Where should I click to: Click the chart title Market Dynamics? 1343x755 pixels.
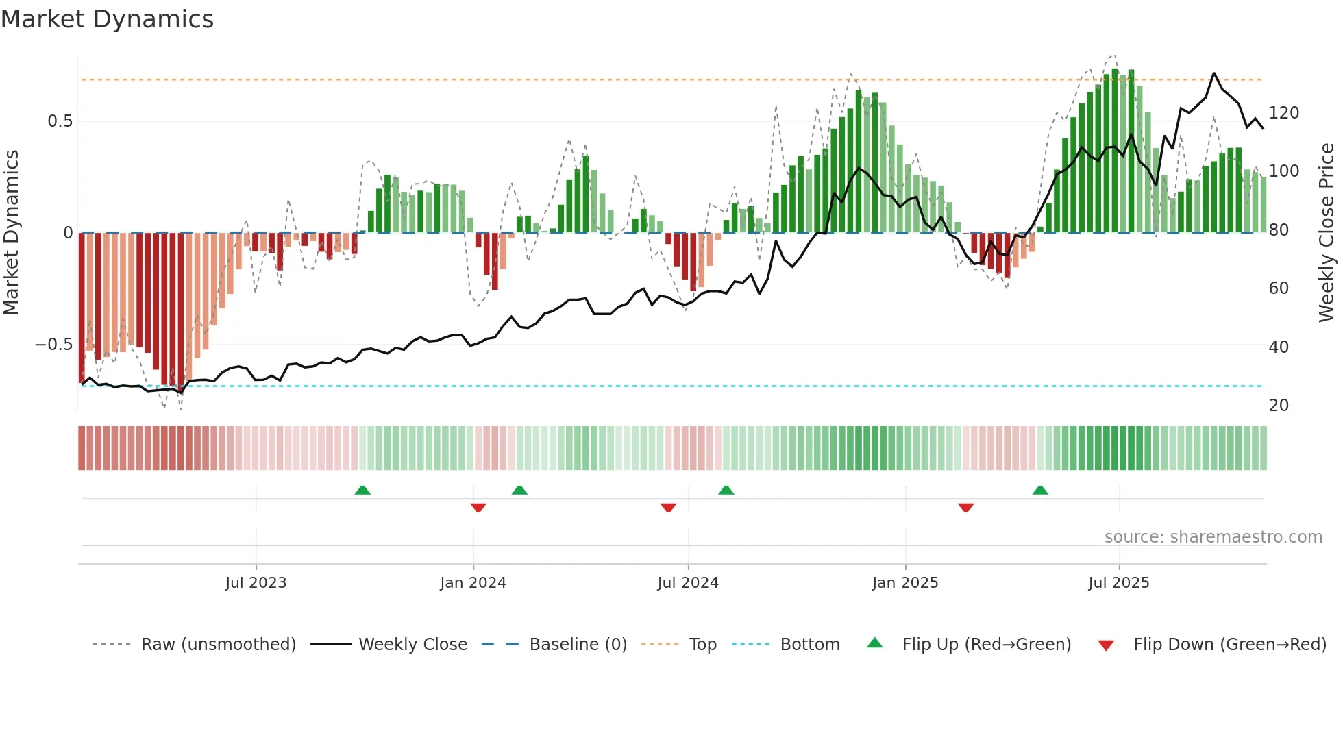pyautogui.click(x=107, y=19)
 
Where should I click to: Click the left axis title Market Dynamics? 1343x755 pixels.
pyautogui.click(x=11, y=233)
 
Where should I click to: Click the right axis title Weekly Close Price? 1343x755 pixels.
pyautogui.click(x=1327, y=233)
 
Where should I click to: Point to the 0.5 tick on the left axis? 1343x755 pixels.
pyautogui.click(x=60, y=121)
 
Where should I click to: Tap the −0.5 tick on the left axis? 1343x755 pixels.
pyautogui.click(x=53, y=345)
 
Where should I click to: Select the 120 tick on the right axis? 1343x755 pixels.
pyautogui.click(x=1283, y=113)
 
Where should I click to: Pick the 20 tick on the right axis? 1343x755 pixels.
pyautogui.click(x=1279, y=406)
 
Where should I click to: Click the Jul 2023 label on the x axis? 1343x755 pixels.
pyautogui.click(x=256, y=583)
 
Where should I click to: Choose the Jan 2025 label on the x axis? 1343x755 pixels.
pyautogui.click(x=904, y=583)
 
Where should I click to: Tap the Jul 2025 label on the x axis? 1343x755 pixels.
pyautogui.click(x=1118, y=583)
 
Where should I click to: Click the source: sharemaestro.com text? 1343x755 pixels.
pyautogui.click(x=1213, y=537)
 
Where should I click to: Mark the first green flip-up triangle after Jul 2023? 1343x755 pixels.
pyautogui.click(x=362, y=490)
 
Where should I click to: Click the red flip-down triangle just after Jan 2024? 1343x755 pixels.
pyautogui.click(x=478, y=508)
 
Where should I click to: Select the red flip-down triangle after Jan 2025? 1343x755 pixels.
pyautogui.click(x=965, y=508)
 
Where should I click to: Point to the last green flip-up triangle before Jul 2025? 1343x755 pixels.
pyautogui.click(x=1040, y=490)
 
